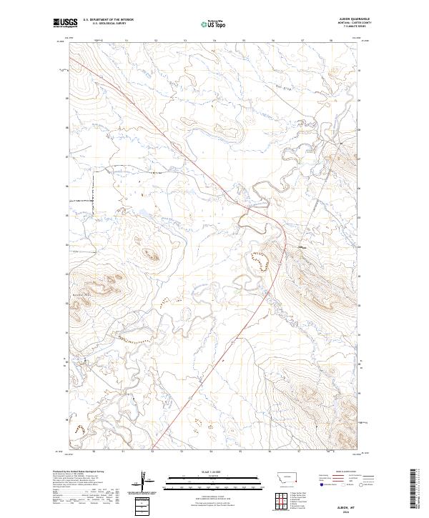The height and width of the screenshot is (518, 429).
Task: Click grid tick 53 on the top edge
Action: click(x=185, y=41)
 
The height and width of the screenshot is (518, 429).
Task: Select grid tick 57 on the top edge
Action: click(x=302, y=41)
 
